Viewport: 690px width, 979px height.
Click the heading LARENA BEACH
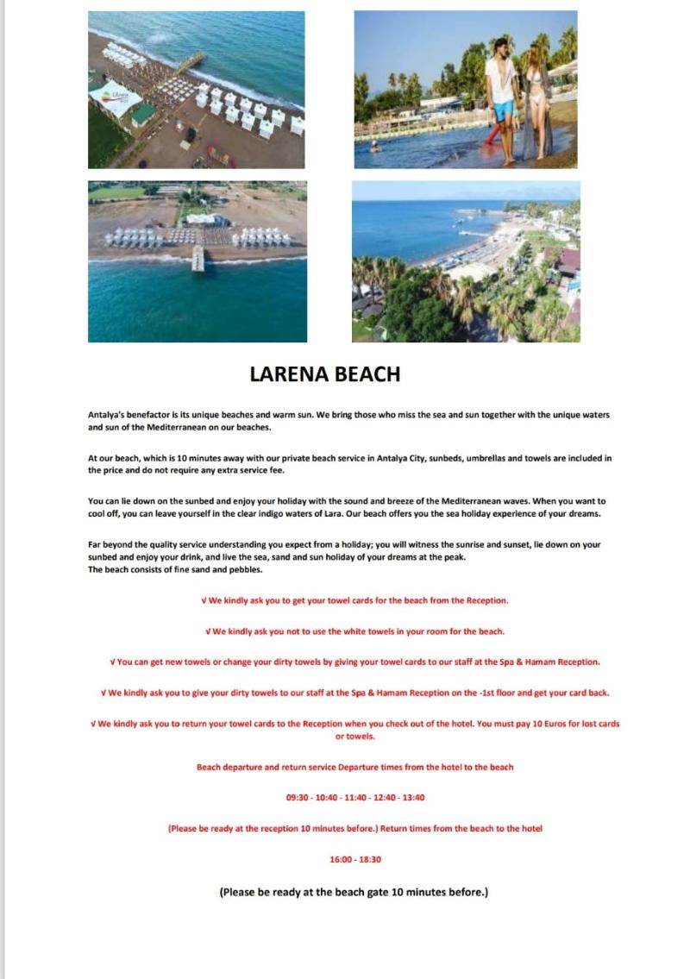324,373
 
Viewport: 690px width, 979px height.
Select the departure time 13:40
413,798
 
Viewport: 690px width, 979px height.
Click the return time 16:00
342,859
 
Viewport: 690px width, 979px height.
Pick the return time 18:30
370,859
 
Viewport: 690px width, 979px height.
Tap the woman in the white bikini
536,99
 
